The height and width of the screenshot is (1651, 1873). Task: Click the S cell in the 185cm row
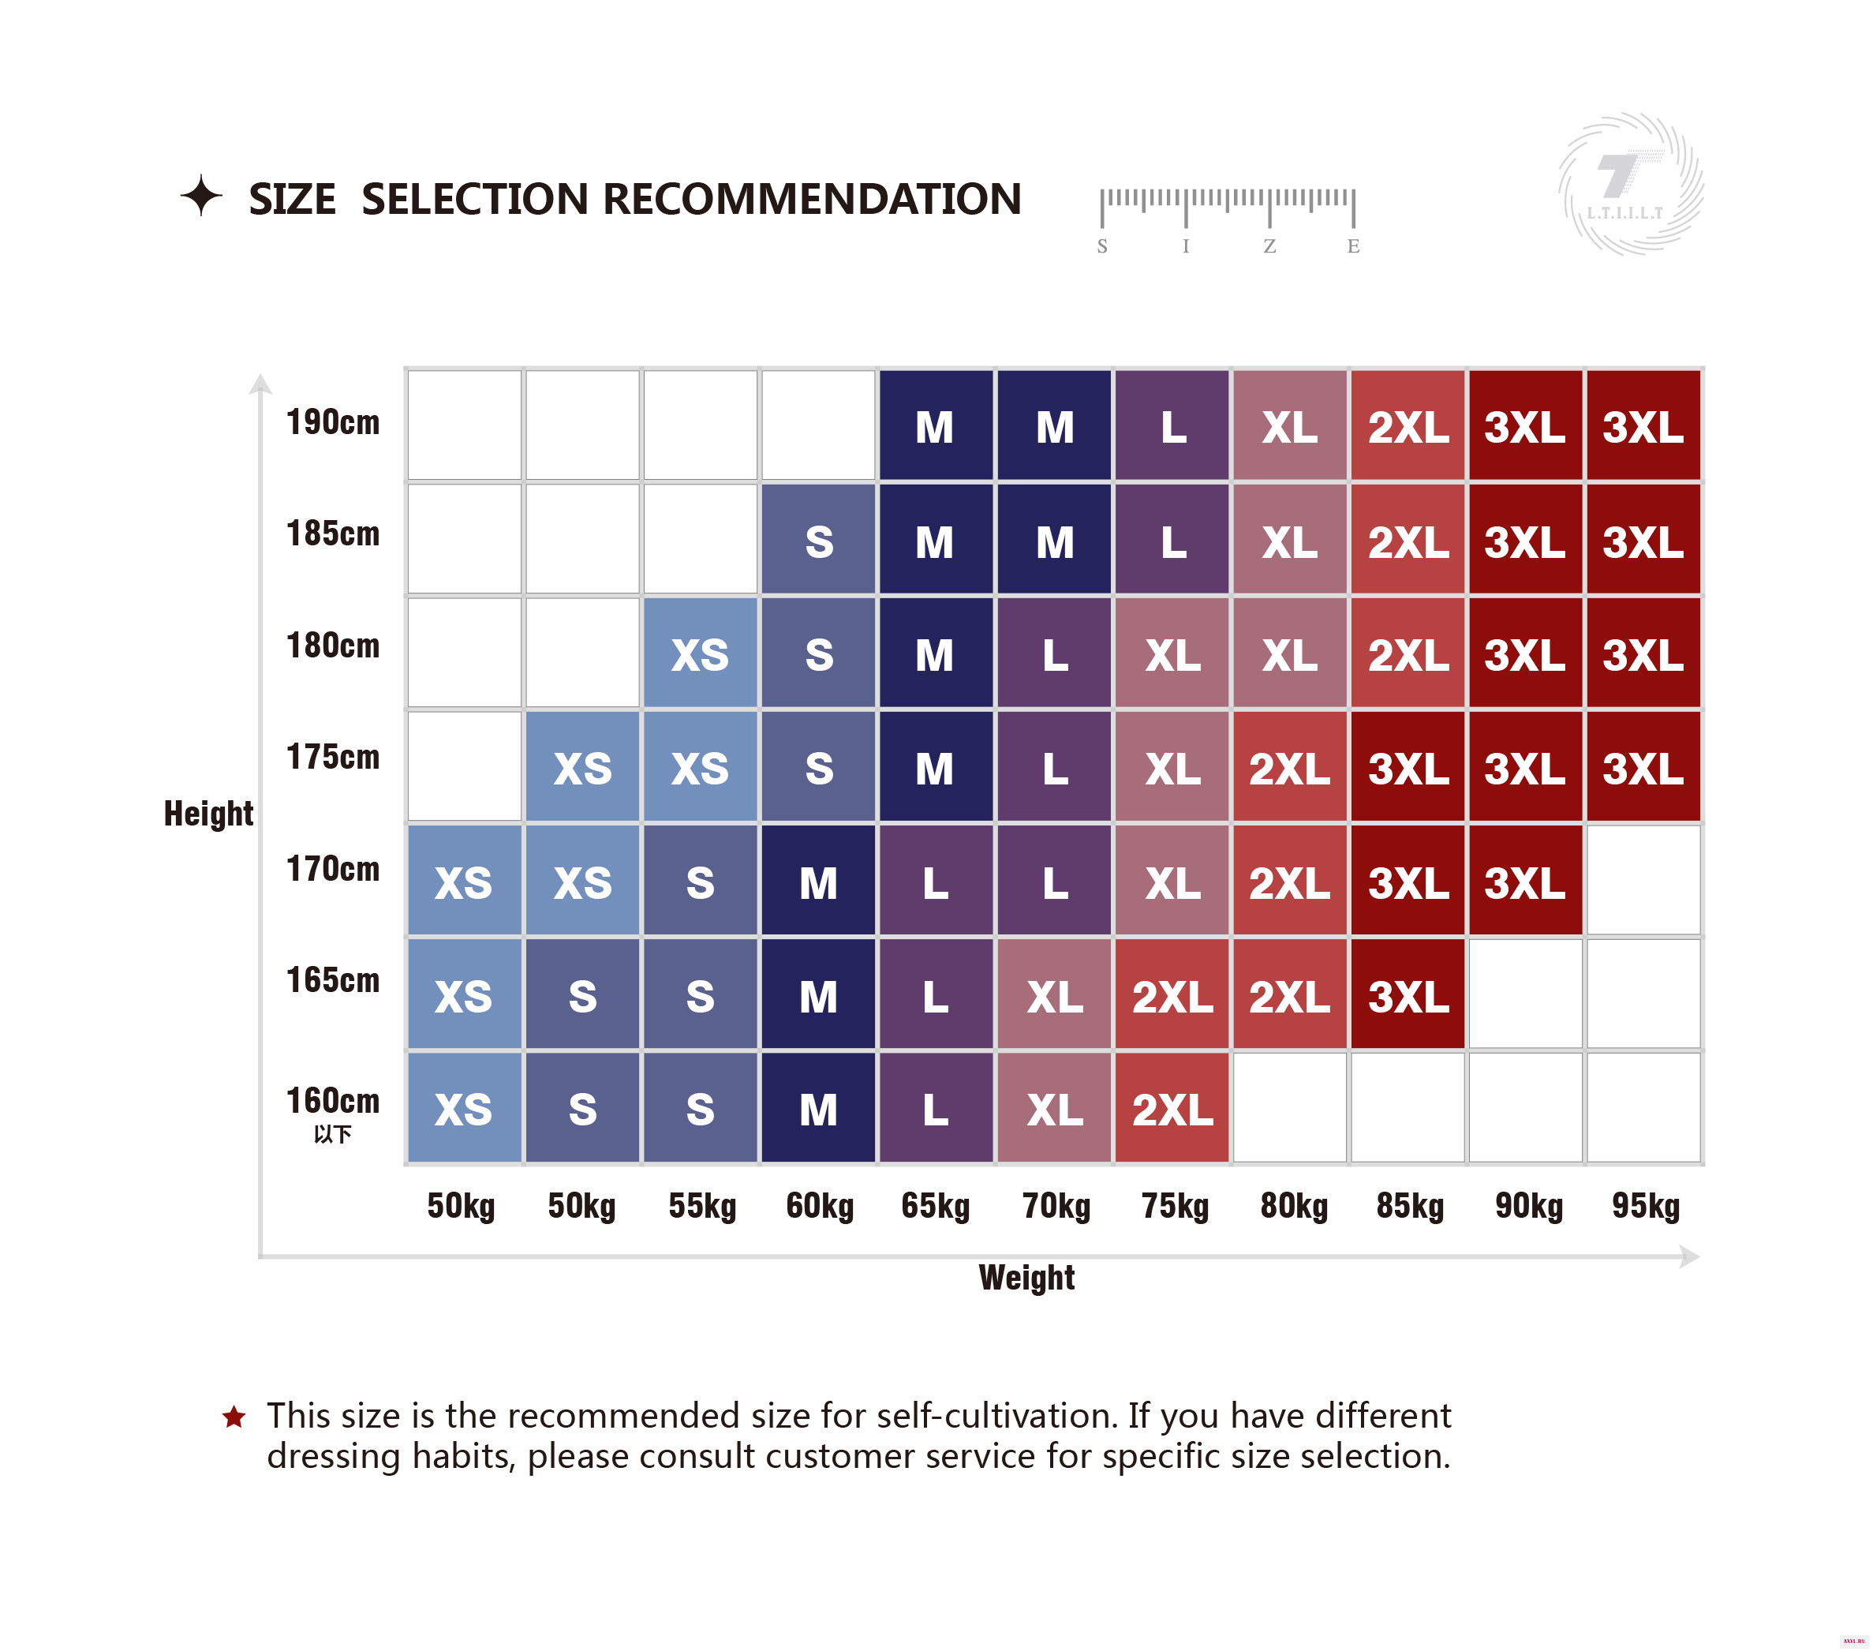coord(818,539)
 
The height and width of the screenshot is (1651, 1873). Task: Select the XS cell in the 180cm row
coord(700,653)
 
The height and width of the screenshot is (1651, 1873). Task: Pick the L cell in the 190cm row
coord(1172,425)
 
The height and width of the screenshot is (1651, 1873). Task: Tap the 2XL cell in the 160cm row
coord(1172,1107)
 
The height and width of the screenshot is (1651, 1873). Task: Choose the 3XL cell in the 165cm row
coord(1408,994)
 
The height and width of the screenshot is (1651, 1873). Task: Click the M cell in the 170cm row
coord(818,880)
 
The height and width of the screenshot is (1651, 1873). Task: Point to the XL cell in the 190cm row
coord(1289,425)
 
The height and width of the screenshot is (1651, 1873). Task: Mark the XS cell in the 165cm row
coord(465,994)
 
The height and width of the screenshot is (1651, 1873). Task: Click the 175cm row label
coord(333,757)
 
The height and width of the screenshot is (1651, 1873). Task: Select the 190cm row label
coord(333,422)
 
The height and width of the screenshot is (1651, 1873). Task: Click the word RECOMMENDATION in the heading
coord(812,199)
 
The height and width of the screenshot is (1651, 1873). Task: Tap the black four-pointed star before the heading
coord(200,195)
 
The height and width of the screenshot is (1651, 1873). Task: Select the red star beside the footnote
coord(234,1417)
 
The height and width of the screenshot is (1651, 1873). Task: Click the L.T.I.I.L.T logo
coord(1631,183)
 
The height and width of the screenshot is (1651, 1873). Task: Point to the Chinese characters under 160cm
coord(333,1135)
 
